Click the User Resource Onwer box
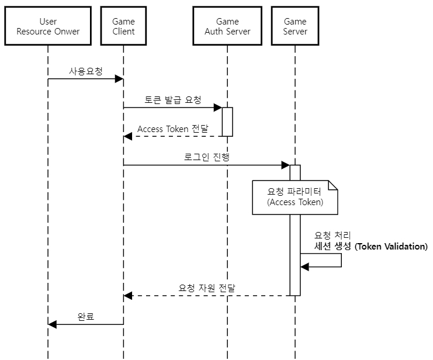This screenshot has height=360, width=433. pos(48,26)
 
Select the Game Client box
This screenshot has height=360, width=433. pos(123,26)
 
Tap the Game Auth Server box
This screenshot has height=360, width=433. pos(227,26)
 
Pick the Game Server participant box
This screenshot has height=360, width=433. pos(295,26)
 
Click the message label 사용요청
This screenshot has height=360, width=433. pos(85,71)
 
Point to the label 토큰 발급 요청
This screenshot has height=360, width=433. pos(173,100)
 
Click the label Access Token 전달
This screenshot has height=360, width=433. pos(172,129)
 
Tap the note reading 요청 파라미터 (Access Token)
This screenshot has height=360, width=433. pos(295,197)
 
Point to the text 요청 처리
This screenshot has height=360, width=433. pos(333,236)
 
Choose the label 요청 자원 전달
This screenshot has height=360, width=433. pos(207,288)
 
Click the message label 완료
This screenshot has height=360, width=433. pos(86,317)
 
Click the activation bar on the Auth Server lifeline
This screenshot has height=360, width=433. pos(227,122)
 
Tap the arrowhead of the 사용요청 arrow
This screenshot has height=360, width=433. pos(119,78)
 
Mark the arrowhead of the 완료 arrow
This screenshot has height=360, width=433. pos(52,324)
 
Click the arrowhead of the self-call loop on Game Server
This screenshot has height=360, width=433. pos(304,266)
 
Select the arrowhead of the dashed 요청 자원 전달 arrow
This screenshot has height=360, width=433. pos(128,296)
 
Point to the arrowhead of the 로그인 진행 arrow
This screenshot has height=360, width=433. pos(286,165)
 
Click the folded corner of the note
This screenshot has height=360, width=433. pos(333,185)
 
